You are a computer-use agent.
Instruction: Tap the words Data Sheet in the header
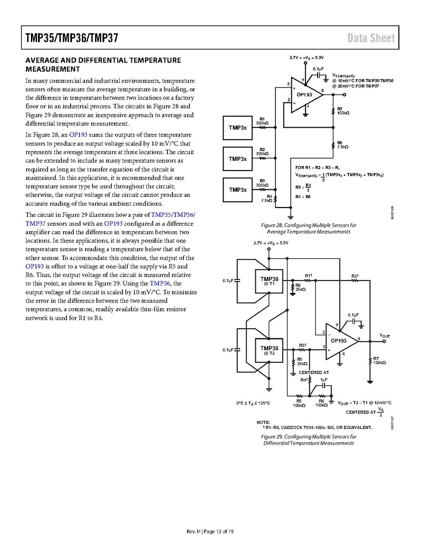coord(371,38)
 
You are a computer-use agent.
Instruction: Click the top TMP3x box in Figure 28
coord(238,128)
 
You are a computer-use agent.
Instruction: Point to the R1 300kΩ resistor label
coord(262,121)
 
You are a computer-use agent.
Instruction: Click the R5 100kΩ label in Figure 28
coord(343,111)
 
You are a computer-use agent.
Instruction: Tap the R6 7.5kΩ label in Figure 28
coord(343,144)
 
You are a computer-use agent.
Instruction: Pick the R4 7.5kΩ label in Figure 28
coord(267,198)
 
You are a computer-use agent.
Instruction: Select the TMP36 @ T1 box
coord(269,282)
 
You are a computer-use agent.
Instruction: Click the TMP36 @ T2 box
coord(269,351)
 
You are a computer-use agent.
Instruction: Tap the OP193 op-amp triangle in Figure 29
coord(340,341)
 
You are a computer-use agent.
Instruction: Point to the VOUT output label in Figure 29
coord(385,336)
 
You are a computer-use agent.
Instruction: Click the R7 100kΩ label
coord(379,360)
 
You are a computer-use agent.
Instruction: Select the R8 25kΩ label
coord(301,287)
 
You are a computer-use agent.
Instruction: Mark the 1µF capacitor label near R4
coord(324,380)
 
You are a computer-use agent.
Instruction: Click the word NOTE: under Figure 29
coord(263,422)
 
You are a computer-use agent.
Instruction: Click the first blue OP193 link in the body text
coord(78,135)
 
